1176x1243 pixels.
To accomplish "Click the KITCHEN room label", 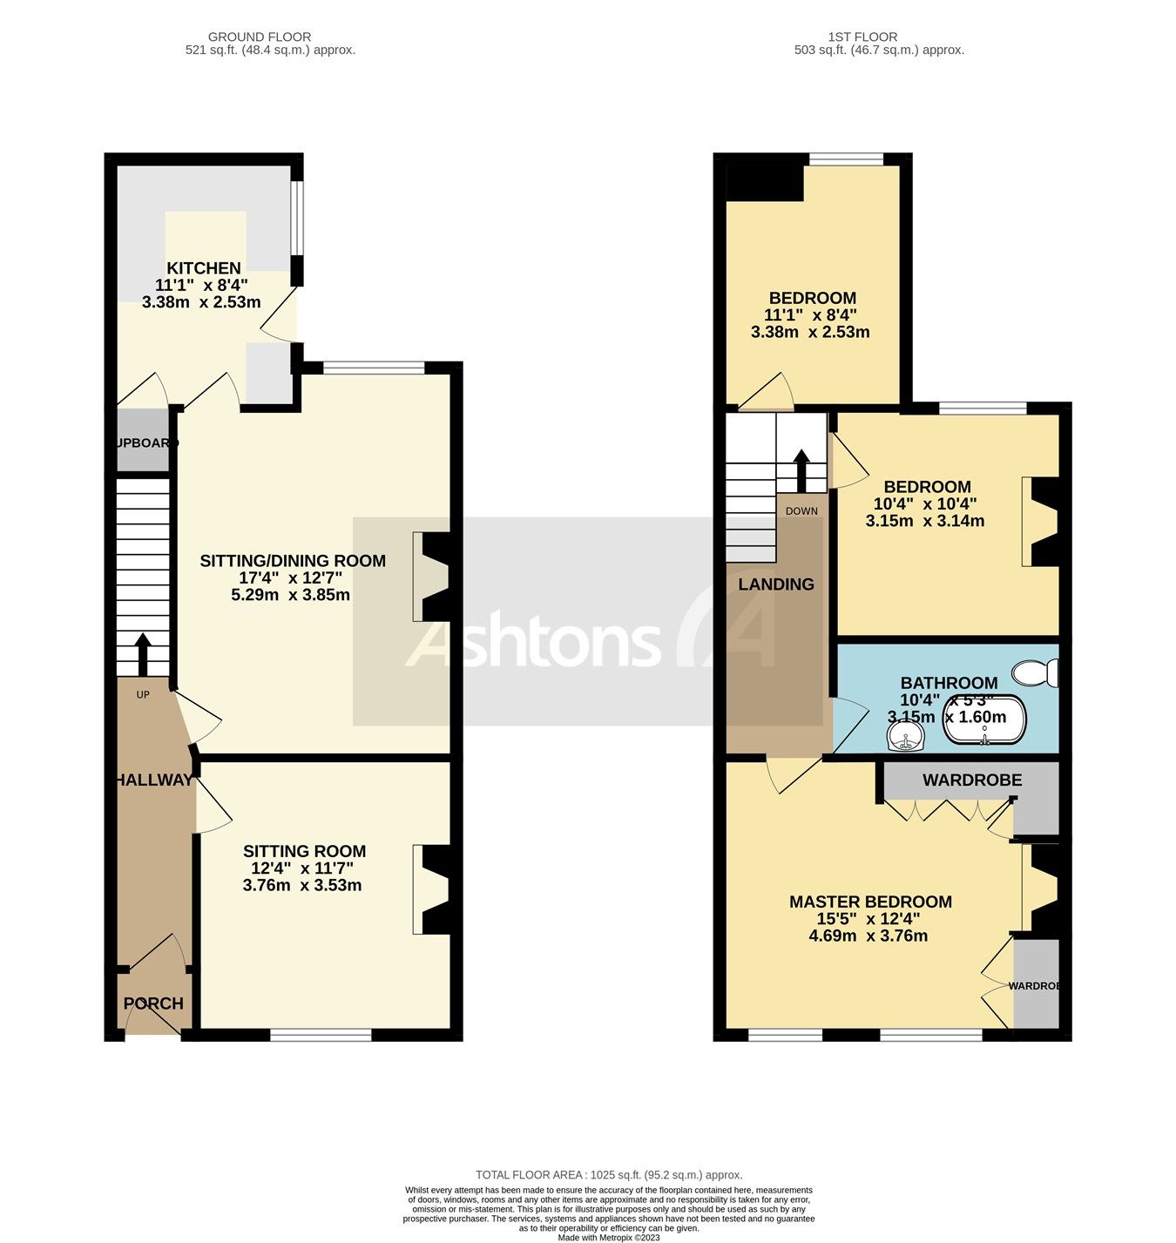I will pos(204,268).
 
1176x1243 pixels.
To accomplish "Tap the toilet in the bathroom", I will pos(1035,673).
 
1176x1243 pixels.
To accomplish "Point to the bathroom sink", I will pos(906,739).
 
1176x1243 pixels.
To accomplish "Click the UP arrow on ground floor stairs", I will pos(142,654).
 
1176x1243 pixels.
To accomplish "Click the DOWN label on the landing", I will pos(801,510).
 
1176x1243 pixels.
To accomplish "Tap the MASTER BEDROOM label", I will pos(870,902).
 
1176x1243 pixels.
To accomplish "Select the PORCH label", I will pos(153,1003).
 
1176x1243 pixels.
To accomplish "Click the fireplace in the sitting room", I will pos(432,889).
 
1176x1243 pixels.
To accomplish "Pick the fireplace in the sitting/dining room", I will pos(432,576).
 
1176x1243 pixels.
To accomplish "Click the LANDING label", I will pos(776,584).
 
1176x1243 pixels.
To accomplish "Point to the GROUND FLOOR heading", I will pos(260,37).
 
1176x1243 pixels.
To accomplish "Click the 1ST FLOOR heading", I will pos(862,37).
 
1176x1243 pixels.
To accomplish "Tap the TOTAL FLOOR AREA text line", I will pos(609,1175).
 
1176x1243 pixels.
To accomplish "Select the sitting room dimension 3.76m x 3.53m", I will pos(302,886).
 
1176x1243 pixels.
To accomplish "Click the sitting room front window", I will pos(321,1035).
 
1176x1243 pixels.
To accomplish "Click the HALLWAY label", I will pos(153,780).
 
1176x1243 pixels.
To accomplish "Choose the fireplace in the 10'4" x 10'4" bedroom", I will pos(1042,521).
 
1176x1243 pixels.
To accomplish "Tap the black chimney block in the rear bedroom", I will pos(765,182).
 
